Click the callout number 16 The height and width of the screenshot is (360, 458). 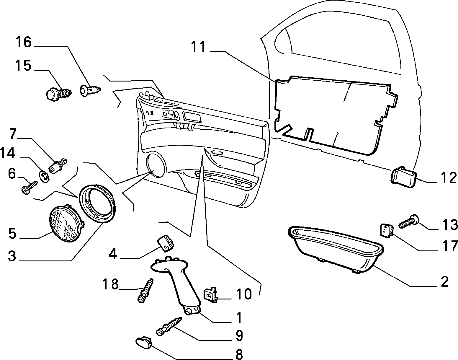tap(23, 42)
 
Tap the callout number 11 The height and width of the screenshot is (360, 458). tap(198, 47)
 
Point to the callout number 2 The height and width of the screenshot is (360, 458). tap(445, 282)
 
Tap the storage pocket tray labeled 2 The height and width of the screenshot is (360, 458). tap(336, 250)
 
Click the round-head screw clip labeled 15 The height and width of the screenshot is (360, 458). tap(59, 94)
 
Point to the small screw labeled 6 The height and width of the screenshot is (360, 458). tap(29, 188)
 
